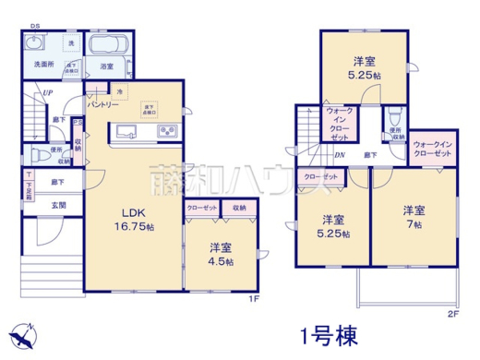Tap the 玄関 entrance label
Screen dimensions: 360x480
click(57, 204)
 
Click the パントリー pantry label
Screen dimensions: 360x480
click(102, 106)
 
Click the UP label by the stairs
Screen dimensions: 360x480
click(44, 93)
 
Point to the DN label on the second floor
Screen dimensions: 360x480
click(340, 155)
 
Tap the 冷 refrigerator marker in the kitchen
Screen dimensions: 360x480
click(120, 92)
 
